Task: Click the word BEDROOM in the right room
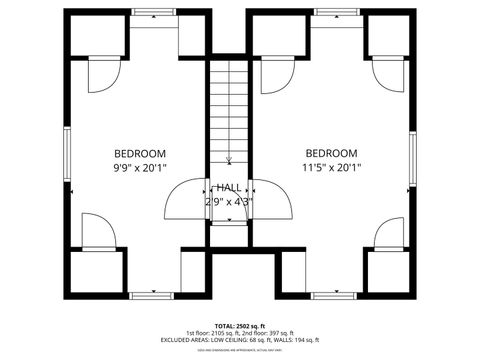(331, 153)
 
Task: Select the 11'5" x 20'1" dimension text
(331, 168)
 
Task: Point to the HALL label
(229, 187)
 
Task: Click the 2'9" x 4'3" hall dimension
(229, 201)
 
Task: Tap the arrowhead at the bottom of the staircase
(229, 160)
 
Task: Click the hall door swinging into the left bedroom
(186, 200)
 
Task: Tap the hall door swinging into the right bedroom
(273, 200)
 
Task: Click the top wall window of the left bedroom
(152, 11)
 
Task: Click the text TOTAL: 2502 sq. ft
(239, 325)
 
